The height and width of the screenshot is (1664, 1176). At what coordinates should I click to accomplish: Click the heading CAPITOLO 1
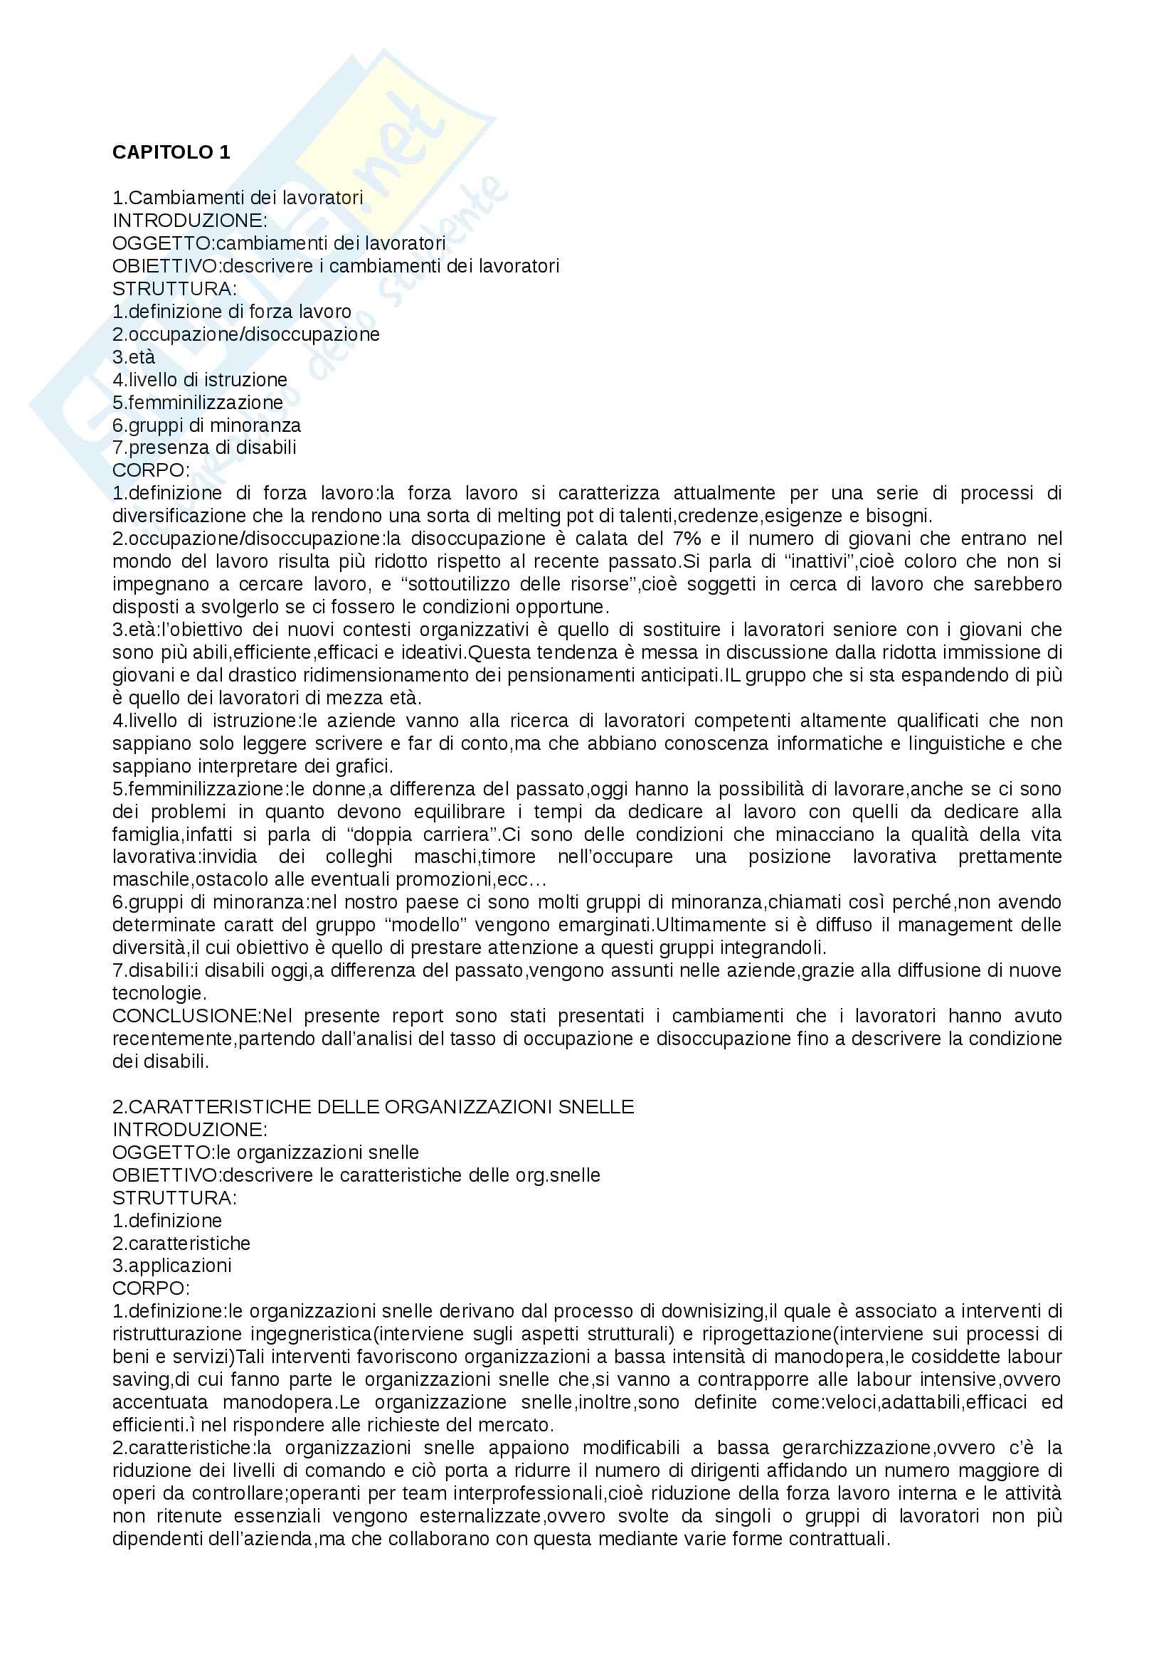pos(171,153)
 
